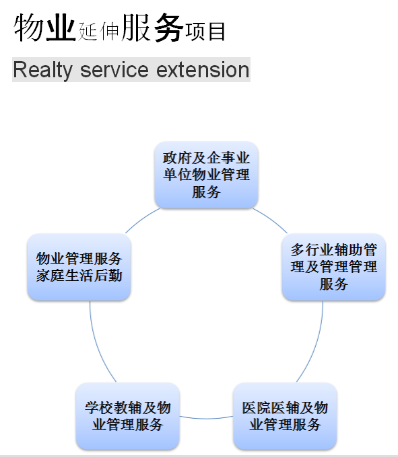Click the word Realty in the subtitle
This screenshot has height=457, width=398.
coord(42,71)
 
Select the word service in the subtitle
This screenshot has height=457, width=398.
coord(114,71)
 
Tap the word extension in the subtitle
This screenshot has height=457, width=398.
coord(203,71)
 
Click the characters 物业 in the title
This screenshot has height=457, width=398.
coord(44,28)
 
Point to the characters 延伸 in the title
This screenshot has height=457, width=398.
coord(98,31)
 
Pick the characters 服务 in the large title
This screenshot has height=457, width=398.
coord(152,28)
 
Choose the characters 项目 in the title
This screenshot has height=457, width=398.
coord(205,31)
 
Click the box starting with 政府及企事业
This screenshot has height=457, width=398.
coord(206,175)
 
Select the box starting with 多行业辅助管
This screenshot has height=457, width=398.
coord(333,267)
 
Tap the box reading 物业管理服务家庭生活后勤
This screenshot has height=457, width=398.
coord(79,267)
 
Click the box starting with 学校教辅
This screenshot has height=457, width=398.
coord(127,416)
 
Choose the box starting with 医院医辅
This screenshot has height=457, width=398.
coord(285,416)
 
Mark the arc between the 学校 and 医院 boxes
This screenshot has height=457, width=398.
coord(206,419)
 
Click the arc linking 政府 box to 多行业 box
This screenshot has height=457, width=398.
coord(271,220)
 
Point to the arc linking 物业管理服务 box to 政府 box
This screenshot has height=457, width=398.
coord(141,220)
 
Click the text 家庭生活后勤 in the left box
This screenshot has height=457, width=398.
coord(79,276)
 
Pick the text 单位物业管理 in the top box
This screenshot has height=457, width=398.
coord(206,175)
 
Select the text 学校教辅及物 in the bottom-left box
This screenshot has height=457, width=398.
coord(127,407)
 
